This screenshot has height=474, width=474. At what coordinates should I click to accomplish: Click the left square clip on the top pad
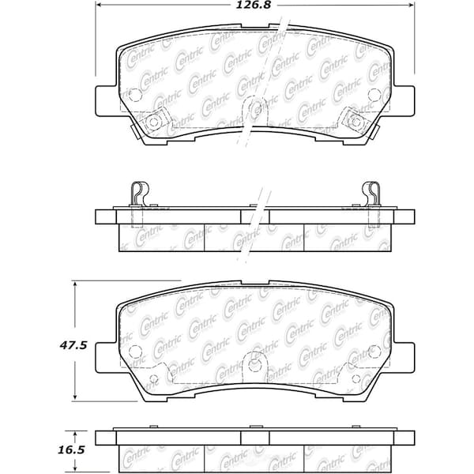pos(155,121)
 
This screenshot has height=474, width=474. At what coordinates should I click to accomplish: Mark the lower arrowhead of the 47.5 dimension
pos(74,397)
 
